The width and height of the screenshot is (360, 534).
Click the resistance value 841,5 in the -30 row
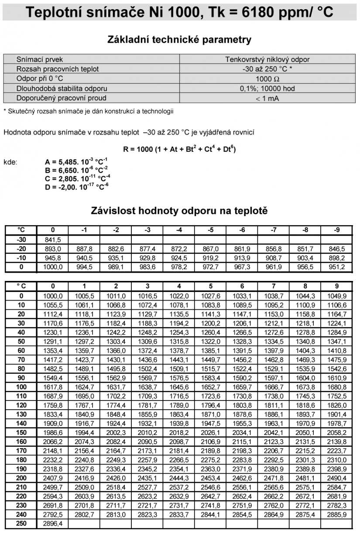52,239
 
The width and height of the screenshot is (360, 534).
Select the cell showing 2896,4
52,524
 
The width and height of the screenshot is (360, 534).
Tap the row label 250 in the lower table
21,524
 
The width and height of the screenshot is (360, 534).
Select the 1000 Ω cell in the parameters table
267,79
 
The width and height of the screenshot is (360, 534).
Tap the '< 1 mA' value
267,98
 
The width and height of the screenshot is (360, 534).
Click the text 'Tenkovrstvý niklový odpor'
267,59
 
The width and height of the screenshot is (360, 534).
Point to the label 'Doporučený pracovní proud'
62,98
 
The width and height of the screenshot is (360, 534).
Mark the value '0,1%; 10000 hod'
267,89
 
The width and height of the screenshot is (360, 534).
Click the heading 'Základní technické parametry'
179,40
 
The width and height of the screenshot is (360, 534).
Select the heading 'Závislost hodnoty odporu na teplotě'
179,211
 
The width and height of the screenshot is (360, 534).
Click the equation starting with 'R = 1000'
179,149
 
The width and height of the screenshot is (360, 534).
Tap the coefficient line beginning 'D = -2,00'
77,187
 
